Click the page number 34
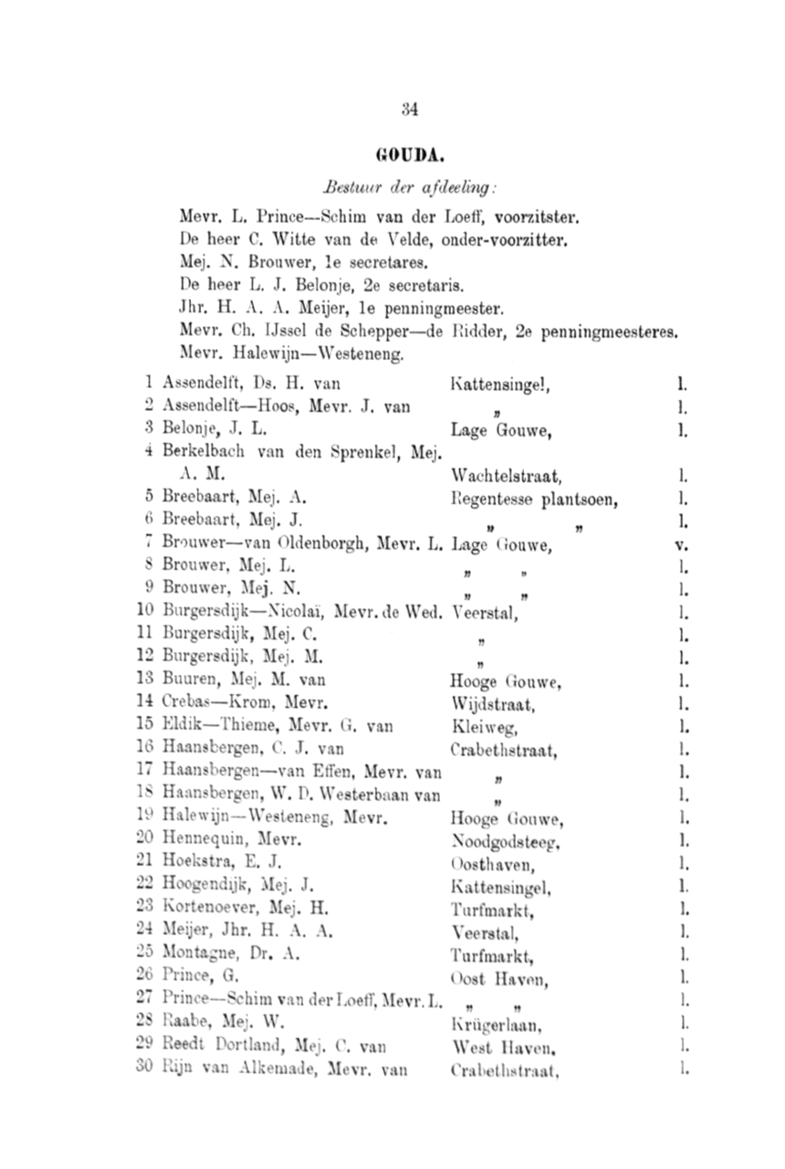click(410, 110)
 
